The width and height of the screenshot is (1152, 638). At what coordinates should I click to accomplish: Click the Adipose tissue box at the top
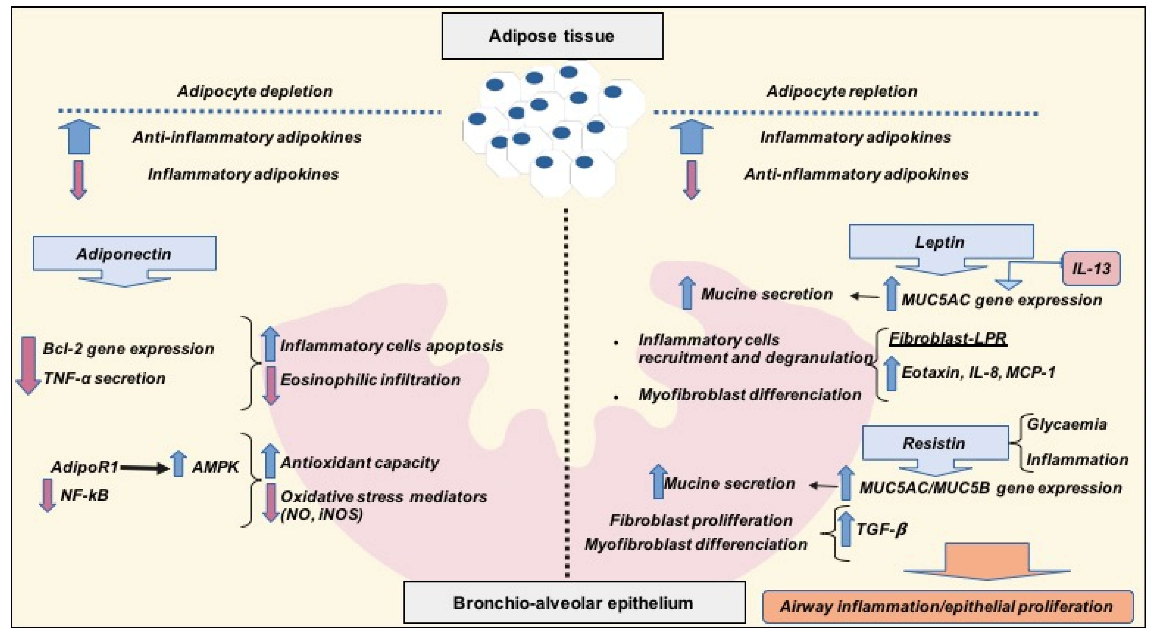(x=552, y=36)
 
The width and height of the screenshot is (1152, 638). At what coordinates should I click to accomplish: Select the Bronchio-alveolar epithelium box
(x=574, y=602)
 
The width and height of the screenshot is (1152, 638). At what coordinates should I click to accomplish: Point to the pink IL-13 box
(x=1091, y=268)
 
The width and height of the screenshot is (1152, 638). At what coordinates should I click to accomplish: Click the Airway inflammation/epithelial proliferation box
(x=948, y=607)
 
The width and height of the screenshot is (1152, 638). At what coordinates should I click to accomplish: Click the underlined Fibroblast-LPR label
(x=948, y=338)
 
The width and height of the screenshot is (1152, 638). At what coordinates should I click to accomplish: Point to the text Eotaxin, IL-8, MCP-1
(x=979, y=373)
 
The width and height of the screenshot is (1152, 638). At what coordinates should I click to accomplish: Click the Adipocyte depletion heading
(x=255, y=91)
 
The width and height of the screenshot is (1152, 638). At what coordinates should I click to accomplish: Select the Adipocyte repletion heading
(x=842, y=91)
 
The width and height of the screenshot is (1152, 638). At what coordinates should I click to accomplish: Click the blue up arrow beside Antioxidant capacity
(x=270, y=461)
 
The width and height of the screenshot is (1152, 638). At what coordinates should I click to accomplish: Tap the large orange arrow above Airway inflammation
(x=987, y=561)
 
